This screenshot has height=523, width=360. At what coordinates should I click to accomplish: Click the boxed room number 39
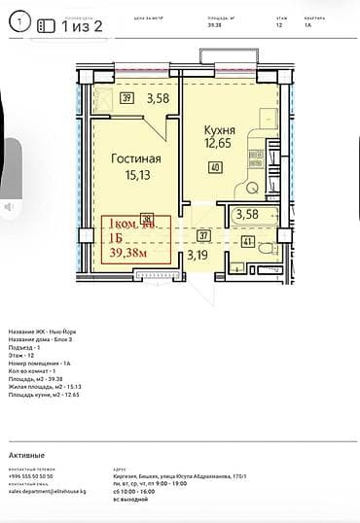pos(126,98)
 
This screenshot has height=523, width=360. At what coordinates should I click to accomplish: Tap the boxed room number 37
pos(202,234)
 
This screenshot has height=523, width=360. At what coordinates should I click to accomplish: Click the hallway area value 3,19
pos(198,256)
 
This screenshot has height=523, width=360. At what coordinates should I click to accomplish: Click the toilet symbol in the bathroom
pos(236,269)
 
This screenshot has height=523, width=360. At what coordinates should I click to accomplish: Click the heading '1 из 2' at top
pos(81,27)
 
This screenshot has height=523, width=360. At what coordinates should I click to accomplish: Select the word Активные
pos(26,455)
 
